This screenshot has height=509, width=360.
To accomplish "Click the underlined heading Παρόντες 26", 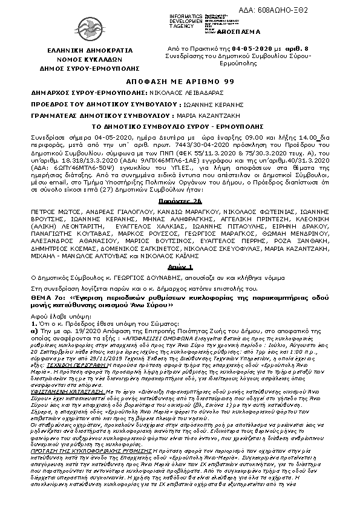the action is click(180, 199).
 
